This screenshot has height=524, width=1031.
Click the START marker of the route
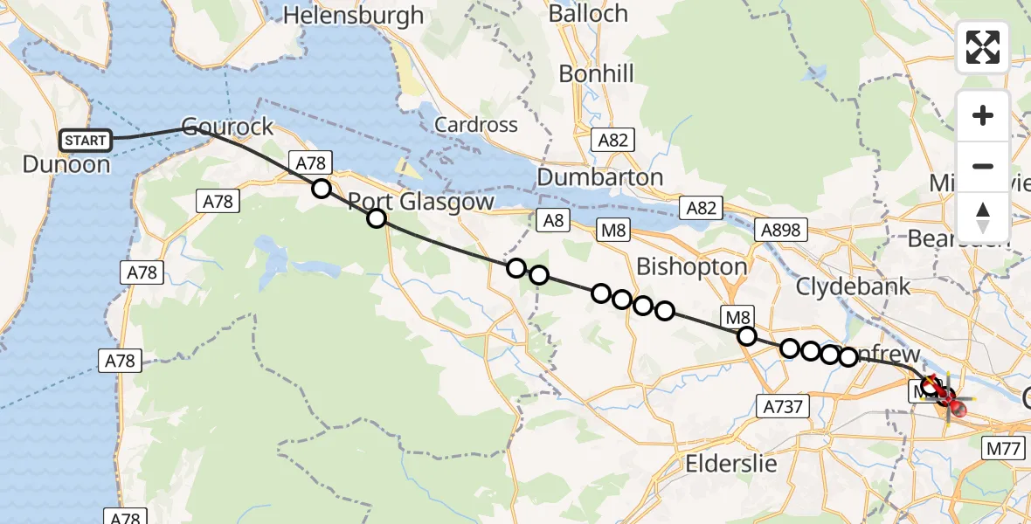(86, 140)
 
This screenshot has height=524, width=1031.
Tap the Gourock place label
(227, 127)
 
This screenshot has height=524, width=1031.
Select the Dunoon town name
(66, 164)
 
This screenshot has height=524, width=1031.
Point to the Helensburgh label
(353, 15)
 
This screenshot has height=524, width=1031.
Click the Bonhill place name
(596, 74)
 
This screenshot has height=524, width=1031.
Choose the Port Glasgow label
(421, 202)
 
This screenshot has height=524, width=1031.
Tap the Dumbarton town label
(599, 177)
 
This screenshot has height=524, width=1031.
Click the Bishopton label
(691, 267)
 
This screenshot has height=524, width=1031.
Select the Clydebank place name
(853, 286)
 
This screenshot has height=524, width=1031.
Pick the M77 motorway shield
(1006, 449)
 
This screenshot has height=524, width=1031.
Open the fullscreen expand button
(983, 47)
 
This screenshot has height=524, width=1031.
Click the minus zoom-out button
(983, 166)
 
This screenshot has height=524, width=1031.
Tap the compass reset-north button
(983, 216)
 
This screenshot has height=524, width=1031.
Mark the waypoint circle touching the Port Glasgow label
(377, 218)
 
